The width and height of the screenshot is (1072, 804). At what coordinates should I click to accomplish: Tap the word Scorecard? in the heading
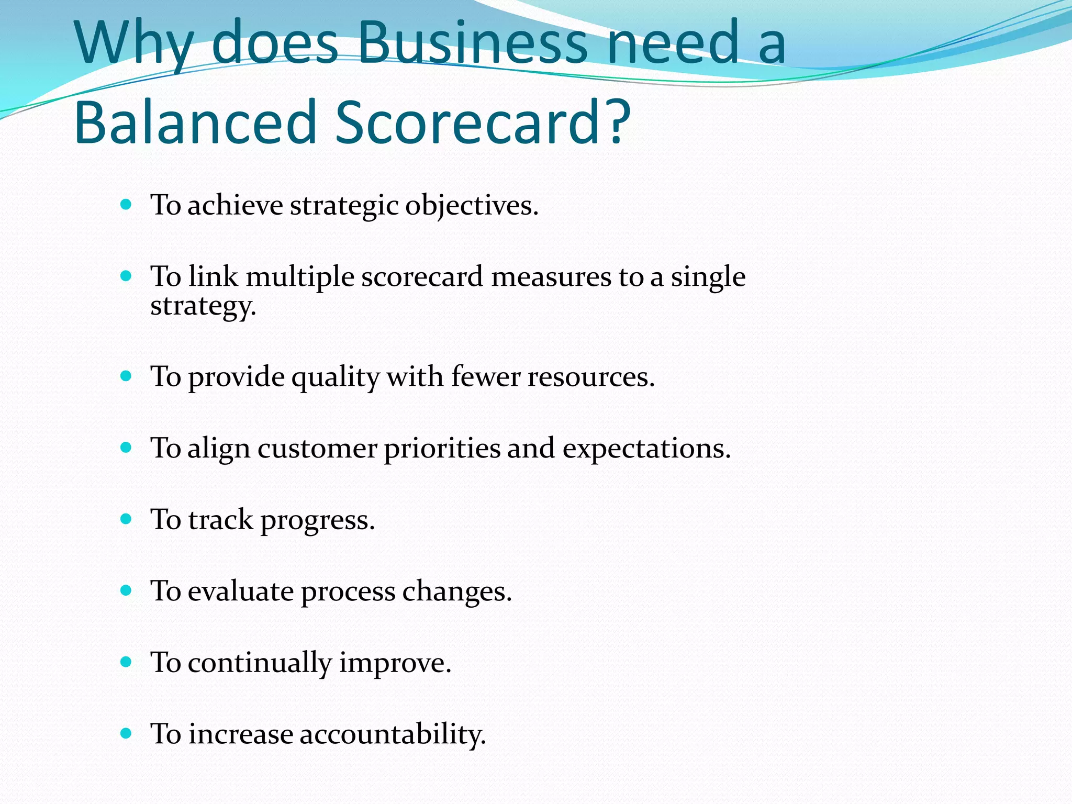(x=483, y=122)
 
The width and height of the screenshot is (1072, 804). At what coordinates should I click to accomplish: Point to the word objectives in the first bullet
(x=472, y=205)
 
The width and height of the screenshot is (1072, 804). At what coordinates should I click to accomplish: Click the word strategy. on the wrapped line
(x=203, y=305)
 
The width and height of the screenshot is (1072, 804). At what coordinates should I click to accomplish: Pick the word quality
(x=336, y=377)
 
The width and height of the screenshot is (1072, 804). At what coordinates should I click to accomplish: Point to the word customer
(x=317, y=448)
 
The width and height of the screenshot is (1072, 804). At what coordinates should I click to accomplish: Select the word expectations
(x=646, y=449)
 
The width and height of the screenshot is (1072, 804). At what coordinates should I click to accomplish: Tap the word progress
(x=318, y=520)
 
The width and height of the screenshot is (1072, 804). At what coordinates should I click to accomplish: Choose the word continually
(x=260, y=663)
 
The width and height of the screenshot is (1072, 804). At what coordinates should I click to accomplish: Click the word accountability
(x=393, y=734)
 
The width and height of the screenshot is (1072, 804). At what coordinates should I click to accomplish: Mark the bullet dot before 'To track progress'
(x=126, y=519)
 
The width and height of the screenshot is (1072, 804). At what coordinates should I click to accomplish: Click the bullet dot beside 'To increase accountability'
(x=126, y=733)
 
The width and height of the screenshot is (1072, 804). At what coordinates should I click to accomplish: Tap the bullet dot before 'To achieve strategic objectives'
(x=126, y=204)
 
